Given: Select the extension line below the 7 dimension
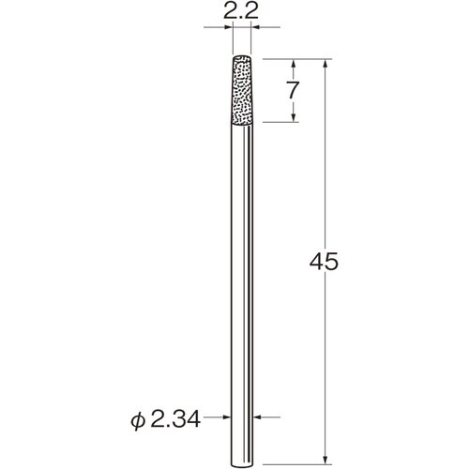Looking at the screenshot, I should coord(281,123).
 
